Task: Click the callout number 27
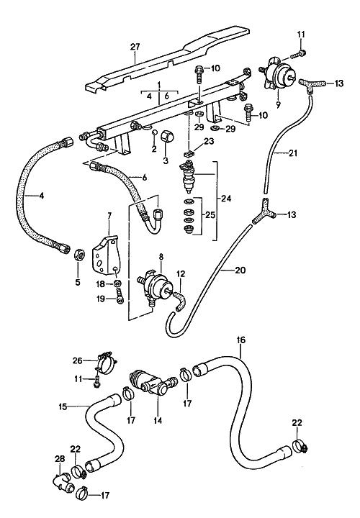click(x=135, y=47)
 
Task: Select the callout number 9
click(x=278, y=105)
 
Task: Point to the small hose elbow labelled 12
click(x=180, y=299)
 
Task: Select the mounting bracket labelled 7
click(x=105, y=255)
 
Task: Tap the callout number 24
click(x=227, y=199)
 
